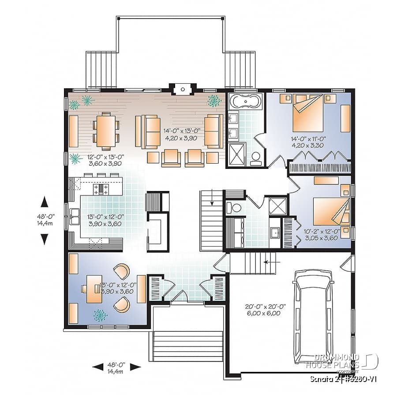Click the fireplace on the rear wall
pyautogui.click(x=182, y=89)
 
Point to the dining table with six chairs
pyautogui.click(x=106, y=129)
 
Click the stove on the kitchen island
pyautogui.click(x=101, y=189)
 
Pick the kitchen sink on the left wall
pyautogui.click(x=74, y=217)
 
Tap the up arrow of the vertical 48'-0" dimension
pyautogui.click(x=45, y=202)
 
